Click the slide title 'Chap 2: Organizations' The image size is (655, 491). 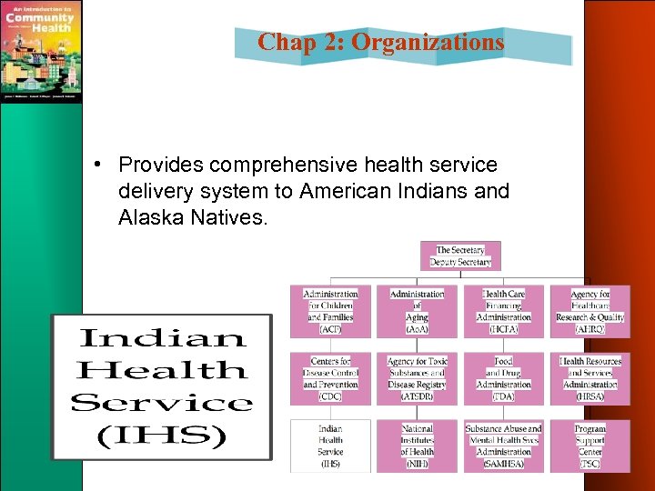click(x=380, y=42)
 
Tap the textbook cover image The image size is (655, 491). click(x=41, y=51)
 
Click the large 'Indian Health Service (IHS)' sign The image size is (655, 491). click(x=161, y=386)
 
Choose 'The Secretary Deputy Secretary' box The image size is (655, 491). click(x=460, y=256)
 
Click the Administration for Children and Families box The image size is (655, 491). click(x=330, y=311)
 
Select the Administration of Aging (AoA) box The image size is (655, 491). click(x=417, y=311)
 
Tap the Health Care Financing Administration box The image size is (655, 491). click(x=503, y=311)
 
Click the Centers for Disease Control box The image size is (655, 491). click(x=330, y=378)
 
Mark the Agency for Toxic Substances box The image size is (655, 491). click(x=417, y=378)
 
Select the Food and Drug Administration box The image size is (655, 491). click(x=503, y=378)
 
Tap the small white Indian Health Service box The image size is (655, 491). click(x=330, y=446)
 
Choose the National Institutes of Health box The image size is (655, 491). click(x=417, y=446)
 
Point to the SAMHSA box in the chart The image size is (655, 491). click(x=503, y=446)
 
